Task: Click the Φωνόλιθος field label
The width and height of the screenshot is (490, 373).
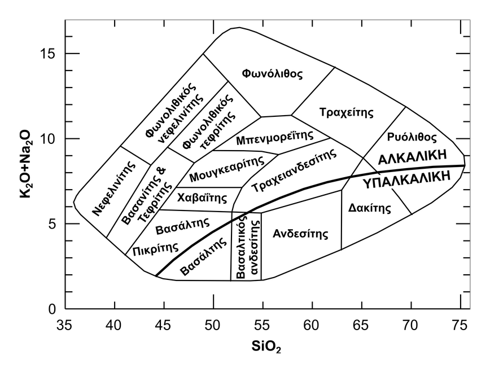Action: point(273,74)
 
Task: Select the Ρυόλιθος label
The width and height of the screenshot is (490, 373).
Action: point(413,137)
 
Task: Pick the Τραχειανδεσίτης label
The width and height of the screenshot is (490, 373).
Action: point(294,169)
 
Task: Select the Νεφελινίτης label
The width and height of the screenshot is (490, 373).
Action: point(115,190)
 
